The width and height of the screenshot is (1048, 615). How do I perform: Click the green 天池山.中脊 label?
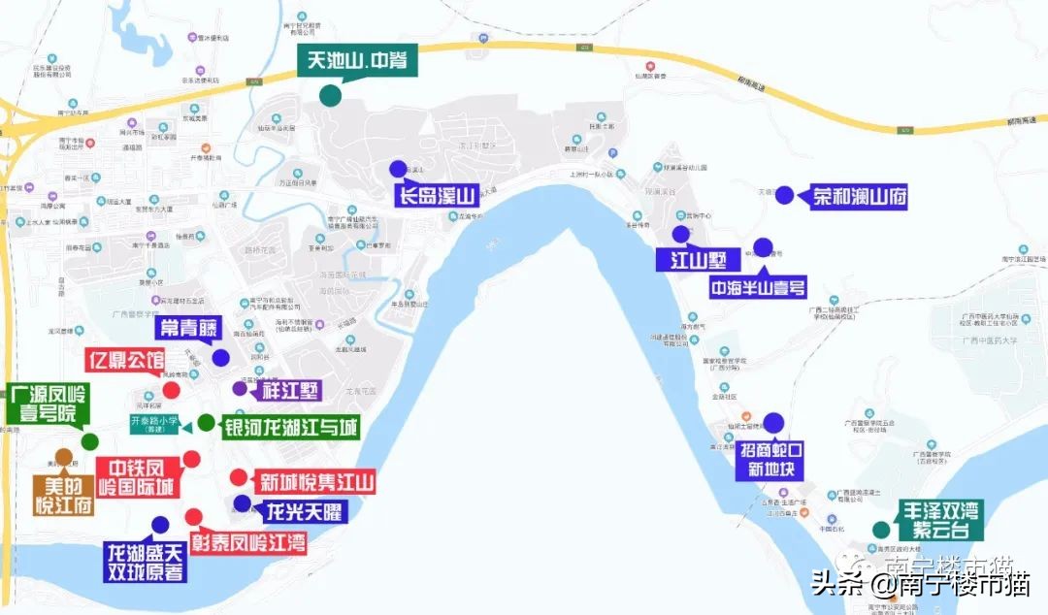[x=357, y=61]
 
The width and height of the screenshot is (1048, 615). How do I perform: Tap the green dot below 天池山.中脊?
[x=330, y=95]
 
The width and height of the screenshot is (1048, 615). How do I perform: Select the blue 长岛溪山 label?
[x=434, y=197]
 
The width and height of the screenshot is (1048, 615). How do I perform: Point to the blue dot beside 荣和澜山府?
[x=784, y=194]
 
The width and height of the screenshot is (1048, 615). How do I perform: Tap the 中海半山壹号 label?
[x=758, y=287]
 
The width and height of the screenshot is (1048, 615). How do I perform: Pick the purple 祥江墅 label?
[x=290, y=391]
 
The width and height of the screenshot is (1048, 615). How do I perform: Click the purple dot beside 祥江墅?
[x=240, y=389]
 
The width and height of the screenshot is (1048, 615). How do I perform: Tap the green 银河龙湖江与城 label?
[x=291, y=427]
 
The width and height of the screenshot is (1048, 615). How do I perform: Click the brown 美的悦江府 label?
[x=63, y=492]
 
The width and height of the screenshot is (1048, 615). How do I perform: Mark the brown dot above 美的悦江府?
[x=64, y=457]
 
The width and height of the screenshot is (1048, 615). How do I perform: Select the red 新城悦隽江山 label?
[x=312, y=482]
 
